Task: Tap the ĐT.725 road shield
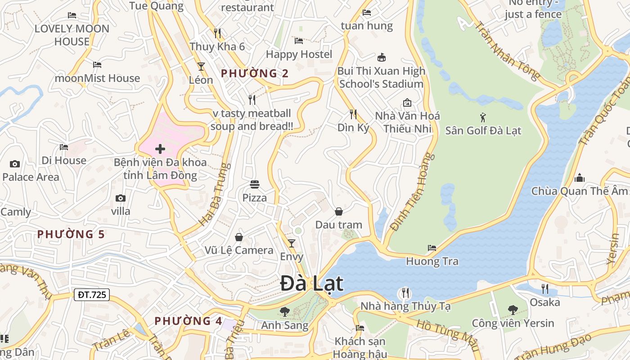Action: pyautogui.click(x=92, y=295)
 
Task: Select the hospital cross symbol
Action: pyautogui.click(x=160, y=149)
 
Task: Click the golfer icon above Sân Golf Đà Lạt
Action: pyautogui.click(x=483, y=117)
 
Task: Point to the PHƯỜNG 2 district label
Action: pyautogui.click(x=255, y=73)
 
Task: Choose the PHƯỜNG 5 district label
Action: pyautogui.click(x=71, y=234)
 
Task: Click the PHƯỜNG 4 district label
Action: pyautogui.click(x=189, y=321)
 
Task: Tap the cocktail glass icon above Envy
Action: pyautogui.click(x=292, y=243)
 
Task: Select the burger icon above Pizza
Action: pyautogui.click(x=255, y=184)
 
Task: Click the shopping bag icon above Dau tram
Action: pyautogui.click(x=338, y=211)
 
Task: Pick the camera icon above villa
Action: pyautogui.click(x=120, y=198)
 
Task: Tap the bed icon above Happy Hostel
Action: pyautogui.click(x=299, y=41)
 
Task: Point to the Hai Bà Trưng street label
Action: pyautogui.click(x=215, y=194)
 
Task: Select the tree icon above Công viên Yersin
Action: pyautogui.click(x=513, y=310)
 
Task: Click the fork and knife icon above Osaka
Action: pyautogui.click(x=545, y=288)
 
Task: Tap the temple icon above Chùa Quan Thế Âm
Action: pyautogui.click(x=580, y=178)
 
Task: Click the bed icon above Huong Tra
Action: pyautogui.click(x=432, y=247)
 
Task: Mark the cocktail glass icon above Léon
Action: pyautogui.click(x=201, y=67)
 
